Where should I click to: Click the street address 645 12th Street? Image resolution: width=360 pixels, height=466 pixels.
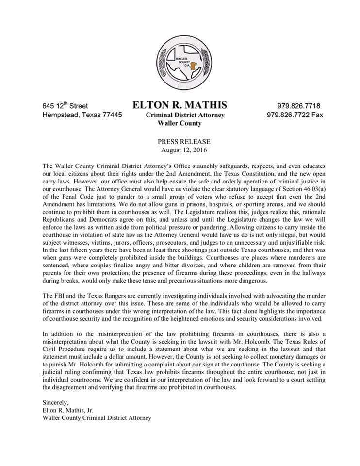65,106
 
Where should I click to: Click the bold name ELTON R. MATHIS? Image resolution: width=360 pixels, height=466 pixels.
180,105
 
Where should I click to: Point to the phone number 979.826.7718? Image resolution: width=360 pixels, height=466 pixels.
298,106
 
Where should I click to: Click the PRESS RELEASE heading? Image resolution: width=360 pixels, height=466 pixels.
180,142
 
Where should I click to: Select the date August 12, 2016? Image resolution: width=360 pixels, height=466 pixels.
180,150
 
